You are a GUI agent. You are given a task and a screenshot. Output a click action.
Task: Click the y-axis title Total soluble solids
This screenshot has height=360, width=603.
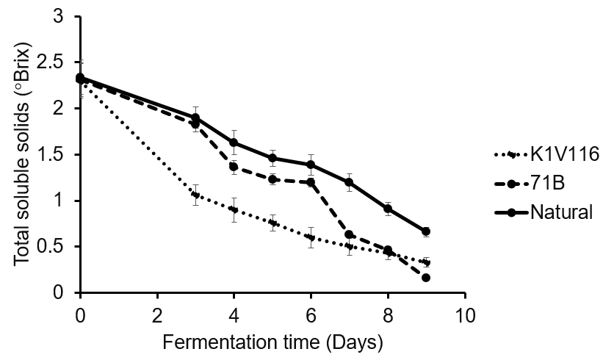tap(24, 155)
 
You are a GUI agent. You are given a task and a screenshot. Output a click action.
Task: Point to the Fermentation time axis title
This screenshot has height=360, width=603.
tap(272, 342)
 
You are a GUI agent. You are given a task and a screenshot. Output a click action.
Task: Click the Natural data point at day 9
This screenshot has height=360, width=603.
tap(426, 231)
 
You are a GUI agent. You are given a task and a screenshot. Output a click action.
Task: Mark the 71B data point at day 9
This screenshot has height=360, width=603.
tap(426, 278)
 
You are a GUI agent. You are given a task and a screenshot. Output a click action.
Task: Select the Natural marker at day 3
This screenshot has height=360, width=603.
tap(195, 117)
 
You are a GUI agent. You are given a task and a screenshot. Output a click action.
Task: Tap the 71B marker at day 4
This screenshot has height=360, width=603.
tap(234, 167)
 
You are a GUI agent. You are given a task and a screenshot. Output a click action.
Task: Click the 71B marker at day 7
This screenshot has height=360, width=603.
tap(350, 234)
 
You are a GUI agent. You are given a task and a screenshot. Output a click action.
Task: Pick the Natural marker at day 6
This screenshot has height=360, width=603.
tap(311, 165)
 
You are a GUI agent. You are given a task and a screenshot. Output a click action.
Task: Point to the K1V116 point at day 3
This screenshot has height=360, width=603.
tap(195, 195)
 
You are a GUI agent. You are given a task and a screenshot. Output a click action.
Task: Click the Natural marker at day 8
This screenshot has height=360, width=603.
tap(388, 209)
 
